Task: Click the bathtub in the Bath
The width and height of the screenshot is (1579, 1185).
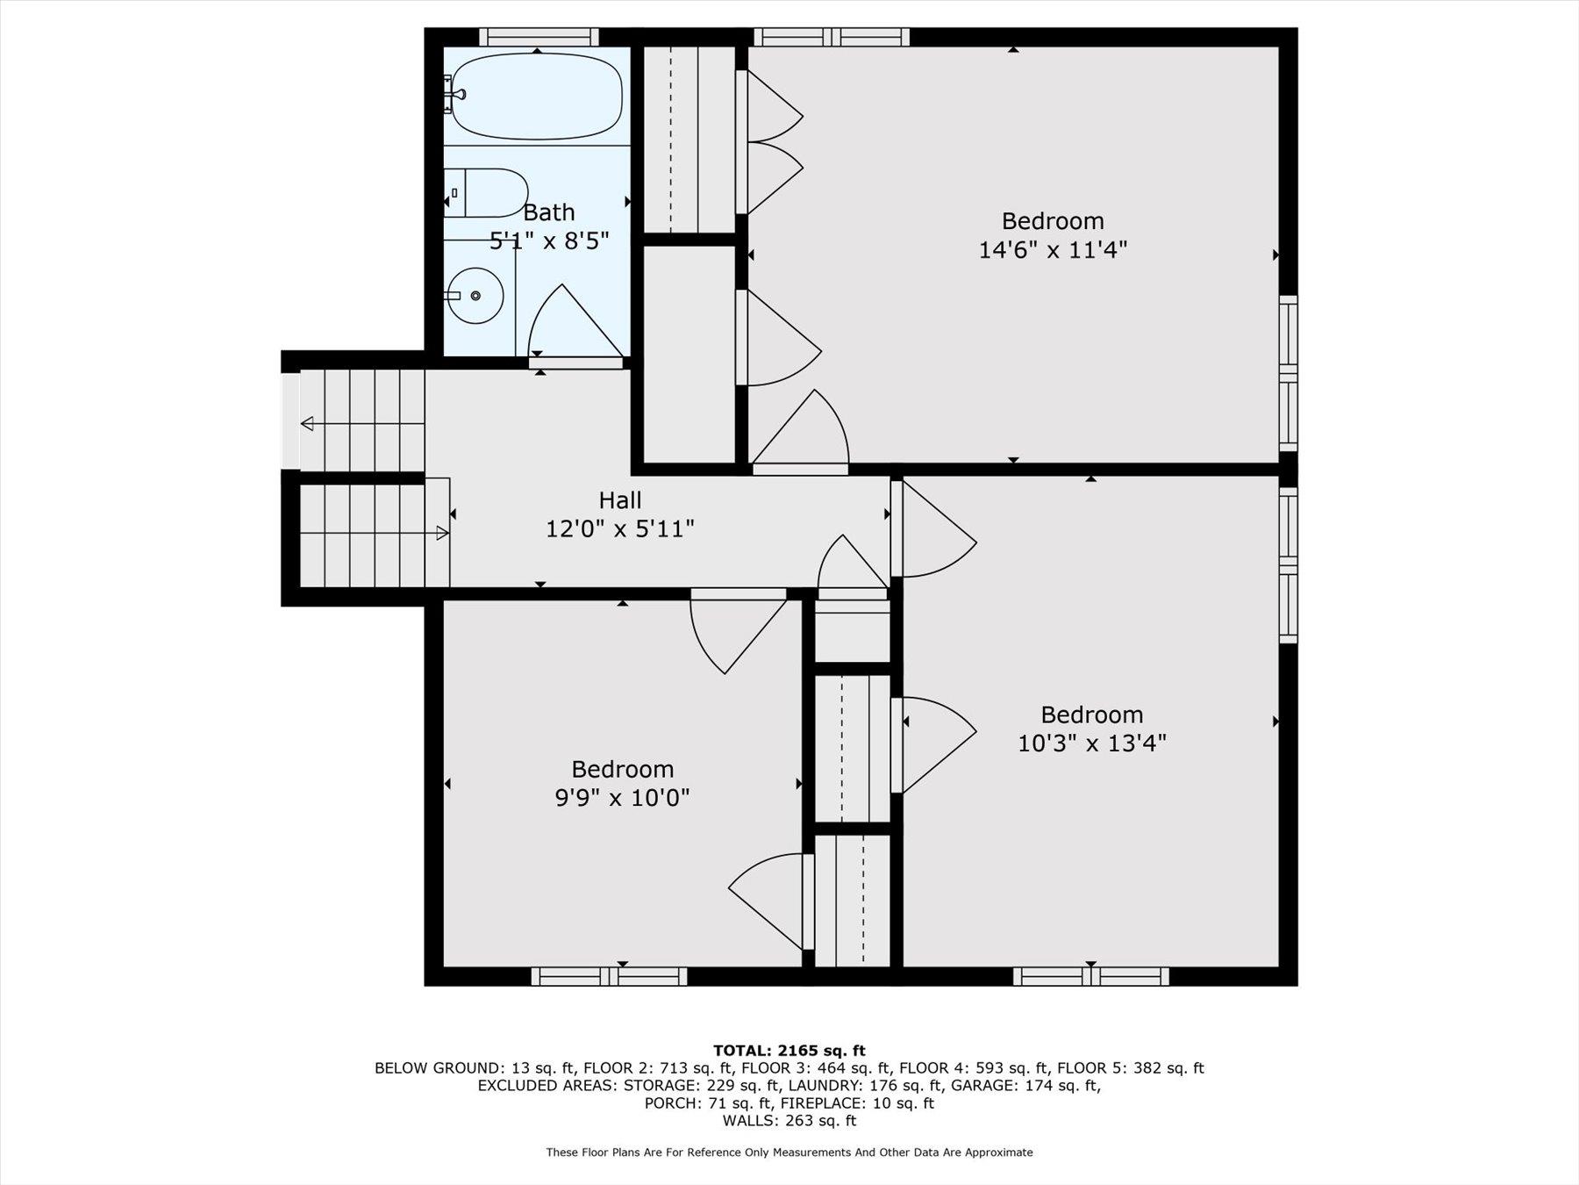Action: pos(537,97)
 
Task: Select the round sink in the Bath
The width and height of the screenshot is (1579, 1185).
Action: pos(475,296)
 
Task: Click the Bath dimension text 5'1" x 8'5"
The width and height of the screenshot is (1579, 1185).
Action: pos(549,241)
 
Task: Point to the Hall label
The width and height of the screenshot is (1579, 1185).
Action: pos(620,500)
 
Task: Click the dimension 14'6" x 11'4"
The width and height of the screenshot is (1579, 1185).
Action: pos(1052,250)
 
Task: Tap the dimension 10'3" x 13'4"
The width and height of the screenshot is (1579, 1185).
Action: pos(1091,743)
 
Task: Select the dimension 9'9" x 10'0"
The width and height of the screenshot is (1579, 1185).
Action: pos(622,798)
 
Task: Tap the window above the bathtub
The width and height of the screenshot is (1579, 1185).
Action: pos(539,37)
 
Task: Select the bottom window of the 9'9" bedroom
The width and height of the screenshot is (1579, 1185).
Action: pos(609,976)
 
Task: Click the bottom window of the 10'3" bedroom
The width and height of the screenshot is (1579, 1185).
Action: pos(1090,976)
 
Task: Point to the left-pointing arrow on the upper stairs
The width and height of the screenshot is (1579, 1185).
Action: pos(309,424)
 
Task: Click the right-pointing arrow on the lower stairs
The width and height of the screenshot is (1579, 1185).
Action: pos(441,533)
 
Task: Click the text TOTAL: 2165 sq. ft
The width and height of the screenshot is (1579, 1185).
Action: pos(789,1050)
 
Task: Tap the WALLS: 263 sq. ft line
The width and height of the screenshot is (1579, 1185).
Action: pos(789,1121)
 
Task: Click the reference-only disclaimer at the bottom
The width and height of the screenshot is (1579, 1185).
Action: pos(789,1153)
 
